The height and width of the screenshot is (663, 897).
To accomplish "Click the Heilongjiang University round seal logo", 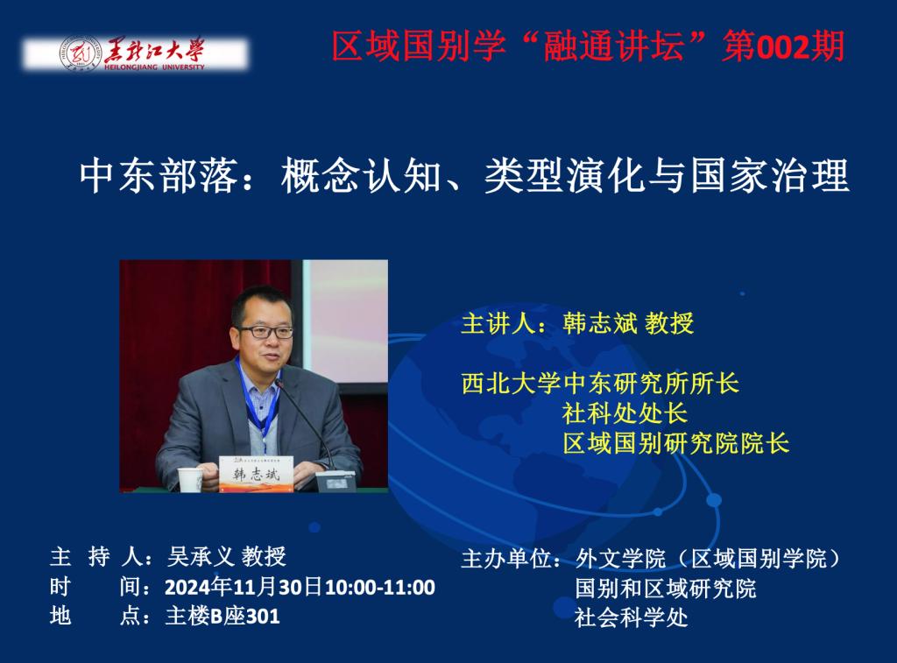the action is coord(81,53).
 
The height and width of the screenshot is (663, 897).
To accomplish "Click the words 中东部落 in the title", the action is coord(159,176).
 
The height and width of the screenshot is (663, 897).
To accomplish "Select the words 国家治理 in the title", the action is coord(770,176).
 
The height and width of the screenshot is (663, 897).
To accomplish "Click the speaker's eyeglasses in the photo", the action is coord(265,332).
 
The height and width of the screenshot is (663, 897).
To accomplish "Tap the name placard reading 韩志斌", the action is coord(257,474).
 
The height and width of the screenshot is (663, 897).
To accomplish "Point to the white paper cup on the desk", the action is coord(190,479).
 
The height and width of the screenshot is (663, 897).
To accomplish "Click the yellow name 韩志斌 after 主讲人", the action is coord(599,323).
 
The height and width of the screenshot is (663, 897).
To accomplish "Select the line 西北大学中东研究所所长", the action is coord(600,384).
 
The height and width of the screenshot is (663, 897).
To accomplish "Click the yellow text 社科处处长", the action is coord(625,413).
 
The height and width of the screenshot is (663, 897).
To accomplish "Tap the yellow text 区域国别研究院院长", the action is coord(675,443).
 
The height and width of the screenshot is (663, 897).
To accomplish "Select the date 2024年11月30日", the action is coord(244,587).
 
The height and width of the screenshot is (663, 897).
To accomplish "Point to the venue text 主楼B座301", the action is coord(222,616).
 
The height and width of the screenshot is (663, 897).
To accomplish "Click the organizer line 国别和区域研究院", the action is coord(666,588).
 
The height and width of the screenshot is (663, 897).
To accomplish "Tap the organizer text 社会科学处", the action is coord(631,617).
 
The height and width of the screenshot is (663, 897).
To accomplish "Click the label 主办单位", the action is coord(505,558).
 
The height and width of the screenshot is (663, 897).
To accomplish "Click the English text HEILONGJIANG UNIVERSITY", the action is coord(154,67).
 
